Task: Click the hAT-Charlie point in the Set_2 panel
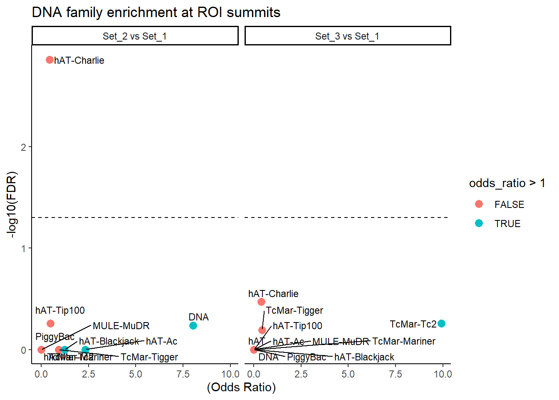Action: [x=49, y=60]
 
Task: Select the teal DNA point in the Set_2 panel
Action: [x=193, y=325]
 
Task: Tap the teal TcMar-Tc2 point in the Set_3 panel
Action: [x=441, y=324]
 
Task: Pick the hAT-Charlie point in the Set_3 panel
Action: [x=261, y=302]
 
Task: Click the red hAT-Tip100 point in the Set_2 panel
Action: [x=50, y=323]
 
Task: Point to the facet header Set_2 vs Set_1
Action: [x=135, y=36]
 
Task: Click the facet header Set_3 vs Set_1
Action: [x=347, y=36]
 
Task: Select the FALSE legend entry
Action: [x=509, y=205]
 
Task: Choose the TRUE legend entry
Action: [x=507, y=224]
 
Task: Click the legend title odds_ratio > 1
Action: [x=507, y=183]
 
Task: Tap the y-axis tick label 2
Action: [x=23, y=147]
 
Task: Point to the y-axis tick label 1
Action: [x=23, y=248]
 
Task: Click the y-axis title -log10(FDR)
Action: [x=12, y=205]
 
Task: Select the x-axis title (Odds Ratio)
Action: [x=241, y=387]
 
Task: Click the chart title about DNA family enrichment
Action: [x=156, y=12]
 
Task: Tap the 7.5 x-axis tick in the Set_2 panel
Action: [x=183, y=374]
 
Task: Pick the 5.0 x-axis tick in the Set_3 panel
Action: [x=348, y=374]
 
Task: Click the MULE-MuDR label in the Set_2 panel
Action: [x=121, y=326]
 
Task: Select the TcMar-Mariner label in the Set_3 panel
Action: [x=403, y=341]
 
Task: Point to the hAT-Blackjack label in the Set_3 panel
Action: [x=364, y=357]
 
